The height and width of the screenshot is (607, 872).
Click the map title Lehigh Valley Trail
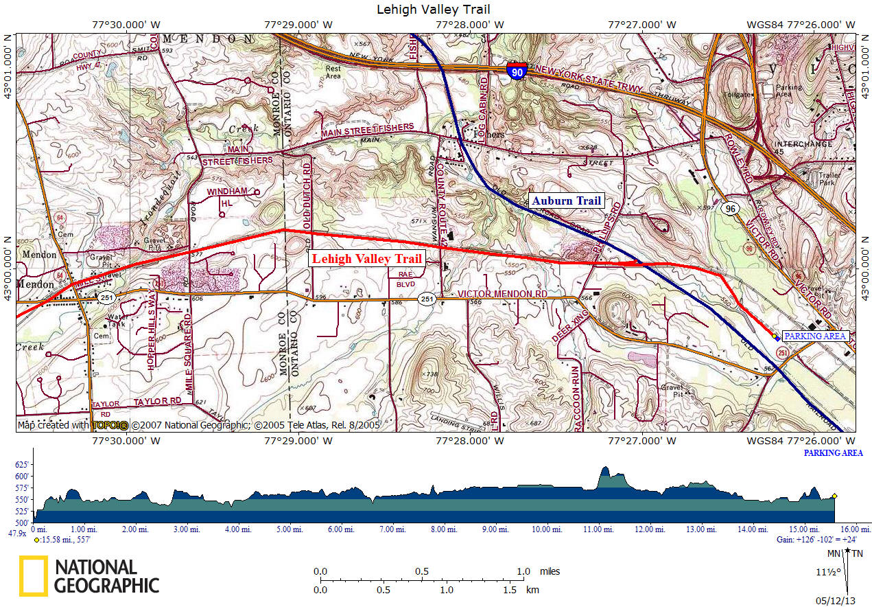(x=434, y=10)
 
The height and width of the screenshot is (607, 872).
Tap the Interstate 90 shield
(x=517, y=71)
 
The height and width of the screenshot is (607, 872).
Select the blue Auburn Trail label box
(x=567, y=201)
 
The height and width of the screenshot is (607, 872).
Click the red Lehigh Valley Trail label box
(x=367, y=259)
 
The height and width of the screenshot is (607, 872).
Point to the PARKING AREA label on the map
(x=814, y=336)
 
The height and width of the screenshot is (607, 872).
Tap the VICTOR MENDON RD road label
(x=502, y=295)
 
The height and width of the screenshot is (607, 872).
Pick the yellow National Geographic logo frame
(x=33, y=575)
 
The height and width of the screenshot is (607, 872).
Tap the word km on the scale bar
(x=531, y=589)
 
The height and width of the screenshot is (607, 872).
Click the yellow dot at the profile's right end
(x=834, y=496)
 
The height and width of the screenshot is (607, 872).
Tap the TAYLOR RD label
(x=157, y=401)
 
